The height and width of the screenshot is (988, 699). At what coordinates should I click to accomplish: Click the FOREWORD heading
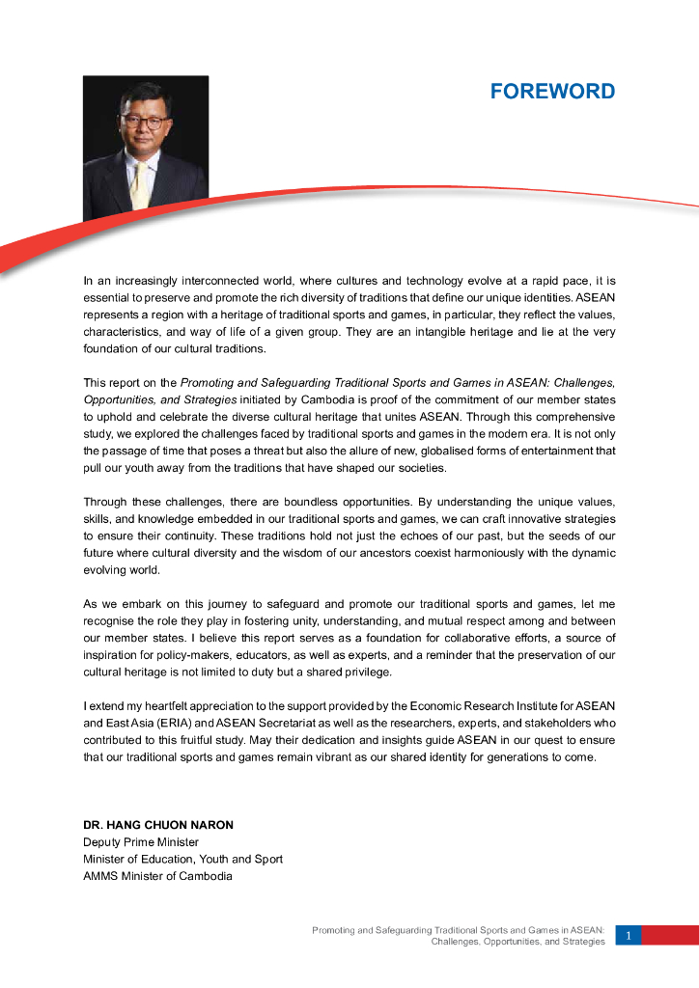pos(552,92)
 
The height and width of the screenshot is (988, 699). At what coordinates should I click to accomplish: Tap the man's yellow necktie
pos(140,185)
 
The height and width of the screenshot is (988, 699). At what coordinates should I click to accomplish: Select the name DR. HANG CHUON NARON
pos(158,825)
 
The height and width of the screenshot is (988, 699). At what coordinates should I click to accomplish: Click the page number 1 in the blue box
pos(628,935)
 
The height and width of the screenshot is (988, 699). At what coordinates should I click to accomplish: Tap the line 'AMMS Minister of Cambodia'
pos(157,876)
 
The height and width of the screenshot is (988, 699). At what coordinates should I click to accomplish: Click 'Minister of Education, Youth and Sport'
pos(182,859)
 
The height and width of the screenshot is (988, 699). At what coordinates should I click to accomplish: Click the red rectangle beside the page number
pos(670,935)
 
